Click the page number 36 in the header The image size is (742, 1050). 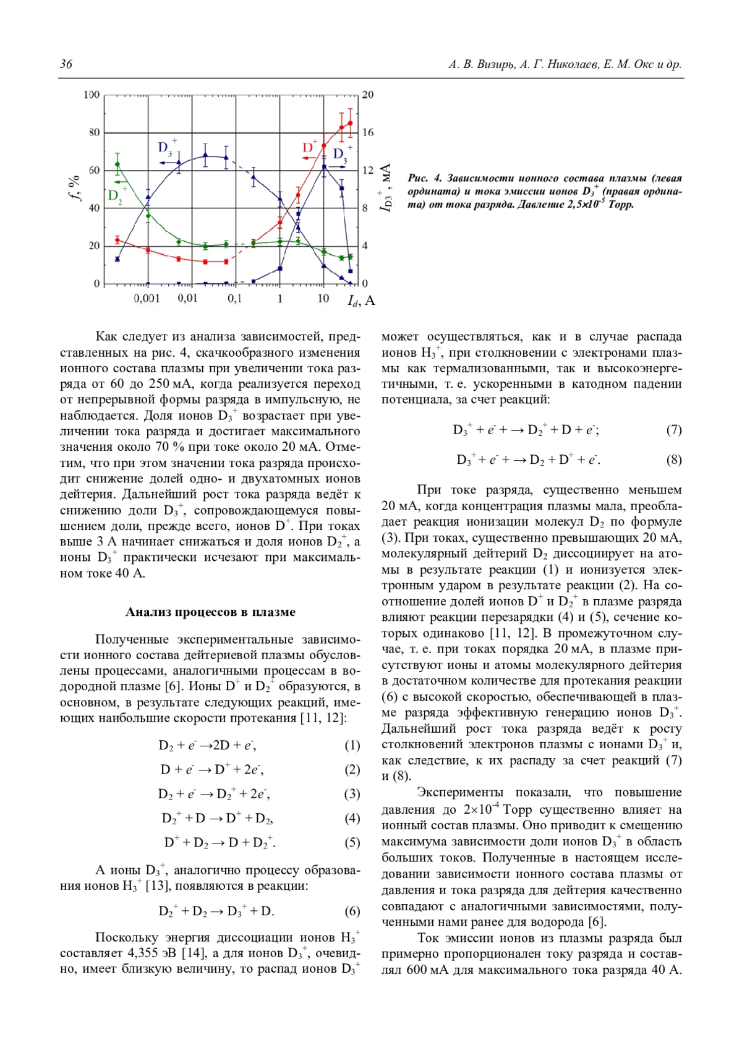pyautogui.click(x=66, y=64)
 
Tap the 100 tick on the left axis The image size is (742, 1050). pyautogui.click(x=92, y=95)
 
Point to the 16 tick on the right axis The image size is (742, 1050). pyautogui.click(x=368, y=132)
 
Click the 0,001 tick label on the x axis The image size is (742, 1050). pyautogui.click(x=147, y=299)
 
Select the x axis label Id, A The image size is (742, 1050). pyautogui.click(x=361, y=301)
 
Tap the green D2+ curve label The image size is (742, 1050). pyautogui.click(x=117, y=195)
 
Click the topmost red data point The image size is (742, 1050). pyautogui.click(x=350, y=123)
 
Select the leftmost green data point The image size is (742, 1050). pyautogui.click(x=117, y=164)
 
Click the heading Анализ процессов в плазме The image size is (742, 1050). pyautogui.click(x=210, y=612)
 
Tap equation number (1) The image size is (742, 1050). pyautogui.click(x=352, y=745)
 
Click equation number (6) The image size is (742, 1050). pyautogui.click(x=352, y=911)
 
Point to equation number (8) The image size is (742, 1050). pyautogui.click(x=673, y=459)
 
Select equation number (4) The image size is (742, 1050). pyautogui.click(x=352, y=818)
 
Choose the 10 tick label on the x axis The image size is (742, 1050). pyautogui.click(x=323, y=299)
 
